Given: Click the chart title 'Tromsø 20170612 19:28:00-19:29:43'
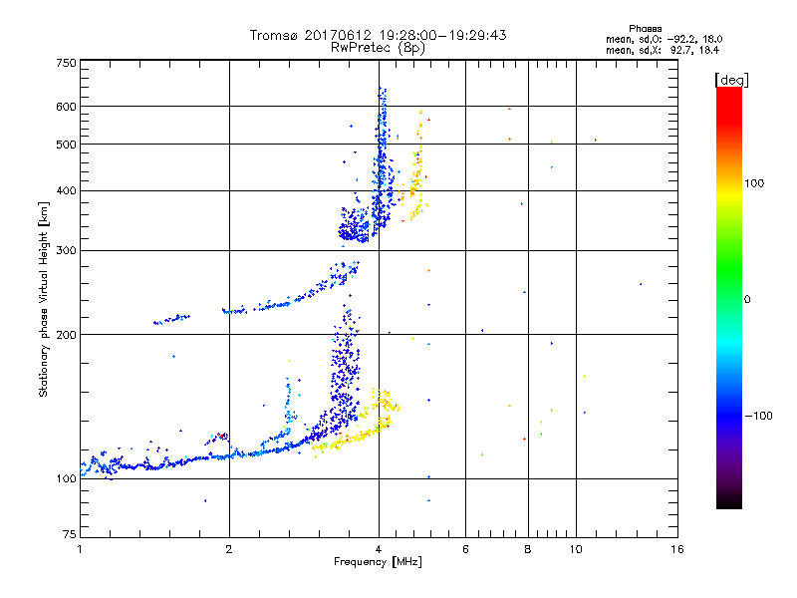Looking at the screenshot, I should coord(378,35).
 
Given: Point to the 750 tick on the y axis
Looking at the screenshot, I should coord(66,63).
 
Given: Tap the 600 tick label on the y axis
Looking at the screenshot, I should coord(66,107).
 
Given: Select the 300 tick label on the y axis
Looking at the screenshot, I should coord(66,251).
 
